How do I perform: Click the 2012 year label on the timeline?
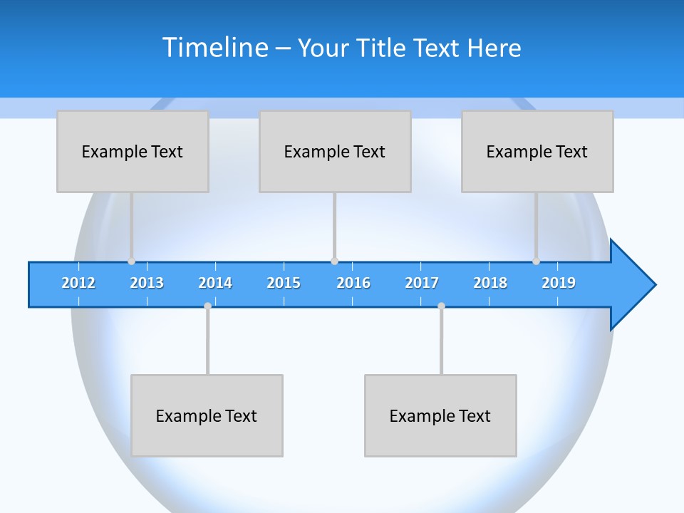(x=78, y=283)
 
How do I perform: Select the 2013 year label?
(x=147, y=283)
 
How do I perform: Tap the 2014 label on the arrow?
(x=215, y=283)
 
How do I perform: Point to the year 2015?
(x=284, y=283)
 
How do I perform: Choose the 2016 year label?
(x=353, y=283)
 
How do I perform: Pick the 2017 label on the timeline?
(x=422, y=283)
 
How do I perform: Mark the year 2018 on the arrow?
(x=490, y=283)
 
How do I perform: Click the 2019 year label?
(x=559, y=283)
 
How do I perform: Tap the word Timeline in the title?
(x=215, y=48)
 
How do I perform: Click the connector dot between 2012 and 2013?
(x=131, y=261)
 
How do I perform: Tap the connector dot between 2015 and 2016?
(x=334, y=261)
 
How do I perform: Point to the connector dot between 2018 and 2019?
(x=536, y=261)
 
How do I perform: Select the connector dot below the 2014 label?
(x=207, y=306)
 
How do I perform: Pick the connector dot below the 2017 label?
(x=441, y=306)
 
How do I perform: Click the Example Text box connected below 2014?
(x=207, y=415)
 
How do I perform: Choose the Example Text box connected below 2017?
(x=440, y=415)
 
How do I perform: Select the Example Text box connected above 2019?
(x=537, y=151)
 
